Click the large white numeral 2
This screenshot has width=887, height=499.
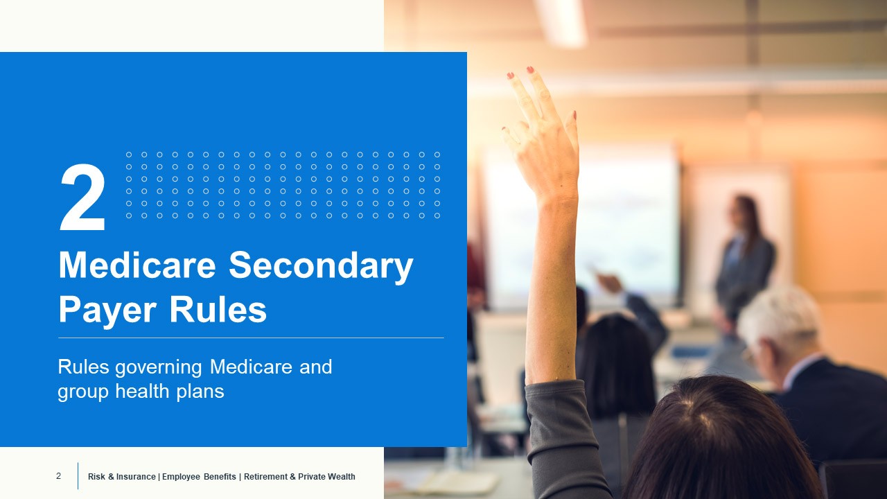pyautogui.click(x=83, y=198)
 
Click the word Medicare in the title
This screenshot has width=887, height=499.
pyautogui.click(x=138, y=266)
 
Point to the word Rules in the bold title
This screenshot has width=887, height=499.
pyautogui.click(x=217, y=310)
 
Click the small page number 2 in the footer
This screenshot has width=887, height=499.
pyautogui.click(x=58, y=476)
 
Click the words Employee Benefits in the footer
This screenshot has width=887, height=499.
pyautogui.click(x=200, y=477)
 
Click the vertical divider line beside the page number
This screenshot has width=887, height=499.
pyautogui.click(x=78, y=476)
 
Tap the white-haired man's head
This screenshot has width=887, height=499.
pyautogui.click(x=780, y=322)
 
